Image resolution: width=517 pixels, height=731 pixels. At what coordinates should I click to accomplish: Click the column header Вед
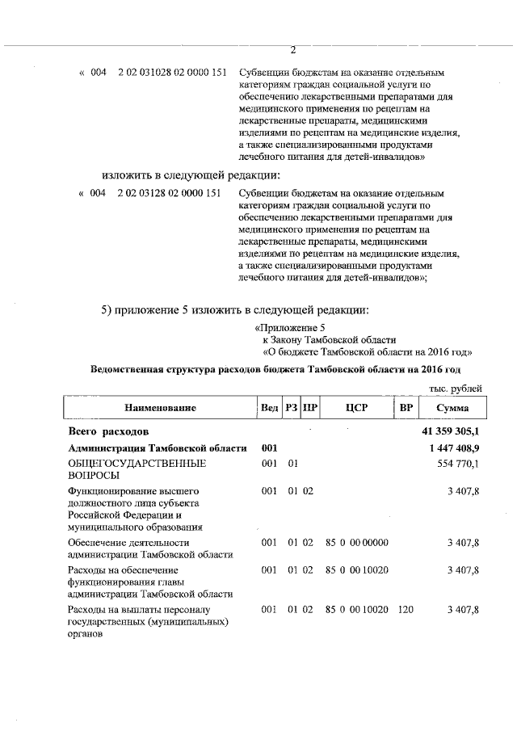[269, 408]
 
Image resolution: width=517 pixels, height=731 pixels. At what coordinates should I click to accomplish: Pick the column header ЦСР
[356, 408]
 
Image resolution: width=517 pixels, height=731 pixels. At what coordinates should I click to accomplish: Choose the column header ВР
[406, 408]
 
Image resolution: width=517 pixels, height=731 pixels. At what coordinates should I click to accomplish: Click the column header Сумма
[451, 408]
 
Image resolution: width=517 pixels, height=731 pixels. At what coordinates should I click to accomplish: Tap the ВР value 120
[406, 609]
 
